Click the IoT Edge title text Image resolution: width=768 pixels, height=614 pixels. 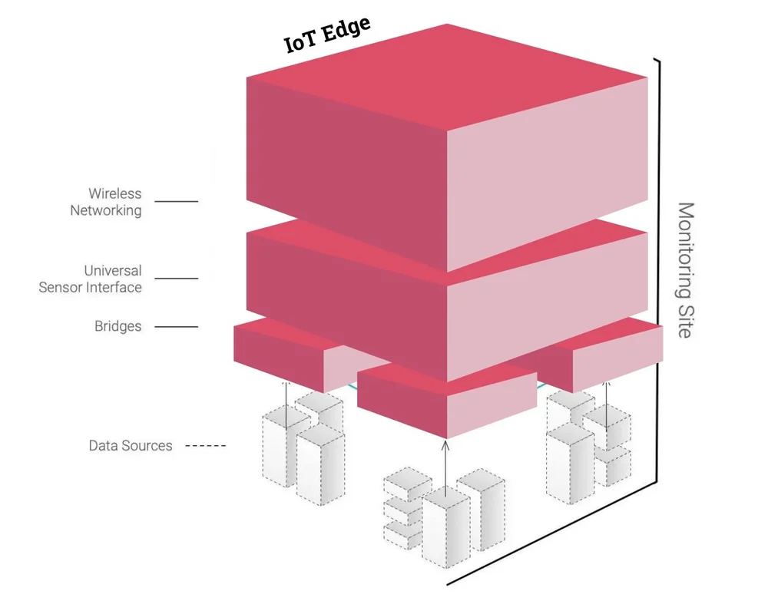[x=328, y=35]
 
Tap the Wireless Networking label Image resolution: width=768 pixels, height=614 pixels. [x=106, y=202]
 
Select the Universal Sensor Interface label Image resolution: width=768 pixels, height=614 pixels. [x=91, y=279]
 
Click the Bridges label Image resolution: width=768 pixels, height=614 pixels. [x=118, y=326]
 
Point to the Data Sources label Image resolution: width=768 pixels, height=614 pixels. [x=131, y=445]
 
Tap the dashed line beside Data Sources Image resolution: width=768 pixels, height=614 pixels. [x=207, y=446]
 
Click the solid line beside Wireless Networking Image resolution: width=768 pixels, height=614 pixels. [x=176, y=202]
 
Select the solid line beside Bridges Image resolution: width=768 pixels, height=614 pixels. [x=176, y=327]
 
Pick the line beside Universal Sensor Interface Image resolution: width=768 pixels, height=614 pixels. [x=176, y=279]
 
